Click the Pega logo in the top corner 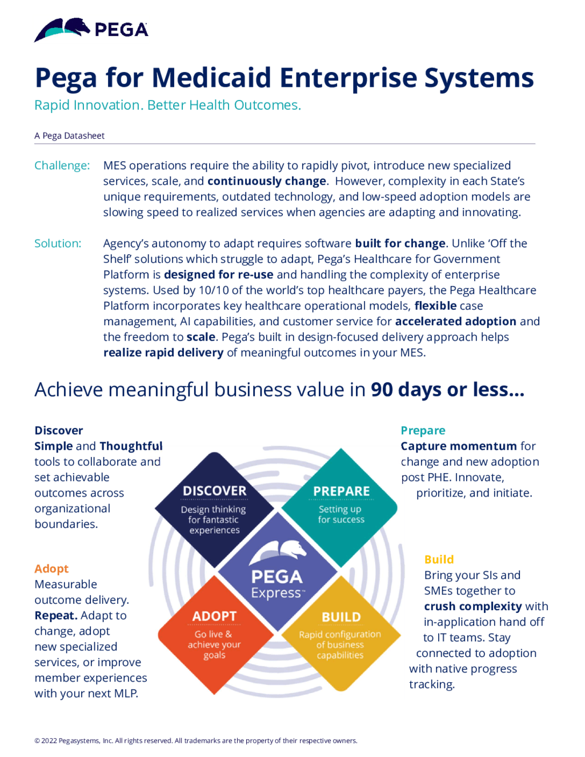tap(91, 30)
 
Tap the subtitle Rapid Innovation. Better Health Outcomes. tap(167, 105)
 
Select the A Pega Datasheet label tap(70, 135)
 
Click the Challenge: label tap(62, 166)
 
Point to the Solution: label tap(58, 243)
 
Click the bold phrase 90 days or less tap(447, 390)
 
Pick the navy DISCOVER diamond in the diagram tap(214, 508)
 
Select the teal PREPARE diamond tap(341, 506)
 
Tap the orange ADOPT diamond tap(214, 634)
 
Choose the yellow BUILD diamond tap(340, 634)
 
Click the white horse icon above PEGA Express tap(278, 551)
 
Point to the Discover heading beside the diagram tap(59, 431)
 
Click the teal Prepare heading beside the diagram tap(423, 431)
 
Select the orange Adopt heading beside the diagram tap(51, 569)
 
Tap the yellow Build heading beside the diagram tap(439, 560)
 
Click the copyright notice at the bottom tap(195, 741)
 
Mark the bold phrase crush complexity tap(473, 607)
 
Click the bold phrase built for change tap(400, 243)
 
